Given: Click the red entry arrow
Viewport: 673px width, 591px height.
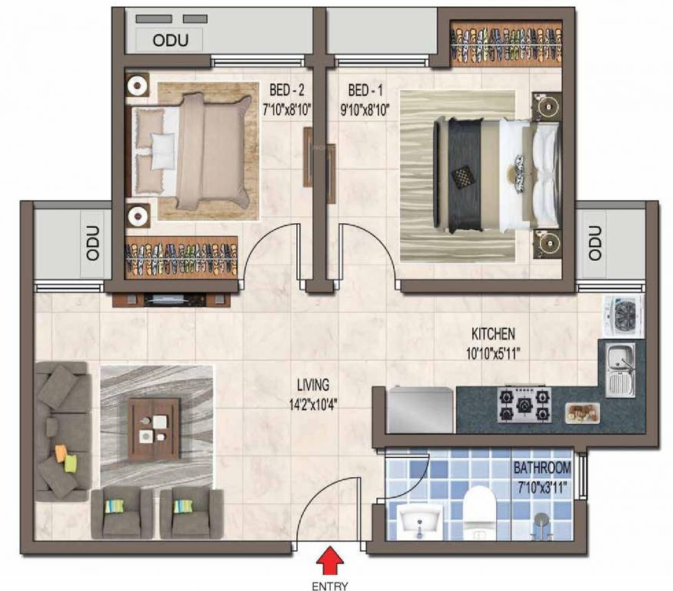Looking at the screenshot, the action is click(330, 559).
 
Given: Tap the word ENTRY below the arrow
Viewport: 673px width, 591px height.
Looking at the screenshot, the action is click(330, 586).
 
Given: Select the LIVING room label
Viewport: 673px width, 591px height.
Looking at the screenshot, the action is click(313, 385).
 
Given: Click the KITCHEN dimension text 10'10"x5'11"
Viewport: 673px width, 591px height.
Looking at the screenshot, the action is click(493, 353).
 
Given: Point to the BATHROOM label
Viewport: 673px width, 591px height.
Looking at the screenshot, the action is click(542, 468).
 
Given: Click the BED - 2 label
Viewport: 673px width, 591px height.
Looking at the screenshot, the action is click(287, 90).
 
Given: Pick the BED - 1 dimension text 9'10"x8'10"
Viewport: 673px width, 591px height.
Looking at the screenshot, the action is click(365, 110).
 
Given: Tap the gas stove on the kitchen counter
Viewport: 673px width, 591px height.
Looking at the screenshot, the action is click(525, 404).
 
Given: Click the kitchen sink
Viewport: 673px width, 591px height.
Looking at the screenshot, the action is click(621, 370).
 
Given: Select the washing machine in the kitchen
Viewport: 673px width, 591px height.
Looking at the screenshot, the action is click(624, 316).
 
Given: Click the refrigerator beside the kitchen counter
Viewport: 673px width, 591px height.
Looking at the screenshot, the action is click(420, 409).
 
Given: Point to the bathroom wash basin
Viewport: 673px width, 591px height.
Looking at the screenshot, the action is click(419, 520).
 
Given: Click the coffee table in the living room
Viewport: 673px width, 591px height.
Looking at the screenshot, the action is click(155, 429).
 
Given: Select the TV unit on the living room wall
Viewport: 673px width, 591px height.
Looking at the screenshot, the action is click(172, 299).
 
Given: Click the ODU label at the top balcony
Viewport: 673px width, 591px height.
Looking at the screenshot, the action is click(171, 40).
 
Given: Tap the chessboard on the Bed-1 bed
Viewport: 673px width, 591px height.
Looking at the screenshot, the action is click(460, 177).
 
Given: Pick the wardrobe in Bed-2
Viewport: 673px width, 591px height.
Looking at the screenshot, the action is click(181, 257).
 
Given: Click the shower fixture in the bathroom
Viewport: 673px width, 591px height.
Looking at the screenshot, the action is click(542, 526).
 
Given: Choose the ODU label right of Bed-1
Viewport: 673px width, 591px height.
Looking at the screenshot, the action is click(595, 243).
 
